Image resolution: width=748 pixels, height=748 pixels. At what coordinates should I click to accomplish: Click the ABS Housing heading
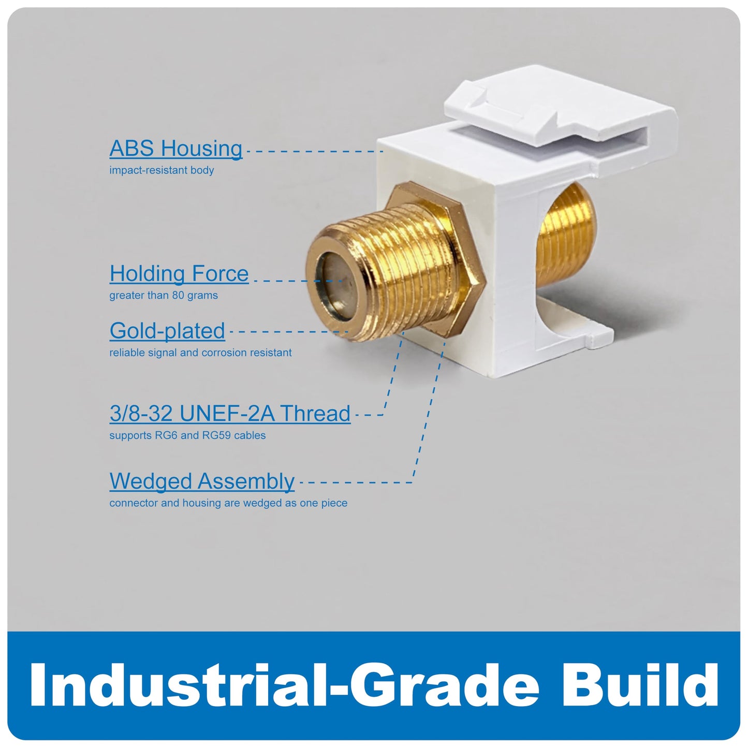coord(176,149)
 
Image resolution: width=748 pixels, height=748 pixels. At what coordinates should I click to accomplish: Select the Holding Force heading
coord(179,274)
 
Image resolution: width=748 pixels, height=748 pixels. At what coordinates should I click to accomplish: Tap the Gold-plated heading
coord(167,331)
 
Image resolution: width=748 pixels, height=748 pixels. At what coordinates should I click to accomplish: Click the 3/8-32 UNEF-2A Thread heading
coord(230,414)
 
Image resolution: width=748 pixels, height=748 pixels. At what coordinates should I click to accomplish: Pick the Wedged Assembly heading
coord(202,481)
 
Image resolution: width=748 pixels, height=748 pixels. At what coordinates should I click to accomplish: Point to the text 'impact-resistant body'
coord(162,170)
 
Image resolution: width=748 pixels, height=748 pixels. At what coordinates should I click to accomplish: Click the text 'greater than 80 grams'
coord(164,296)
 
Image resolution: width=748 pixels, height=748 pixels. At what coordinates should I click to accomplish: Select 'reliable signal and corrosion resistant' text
coord(200,353)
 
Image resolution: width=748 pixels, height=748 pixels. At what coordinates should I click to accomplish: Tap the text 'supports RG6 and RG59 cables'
coord(187,435)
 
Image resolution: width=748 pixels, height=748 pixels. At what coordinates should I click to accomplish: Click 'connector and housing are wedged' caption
coord(228,503)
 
